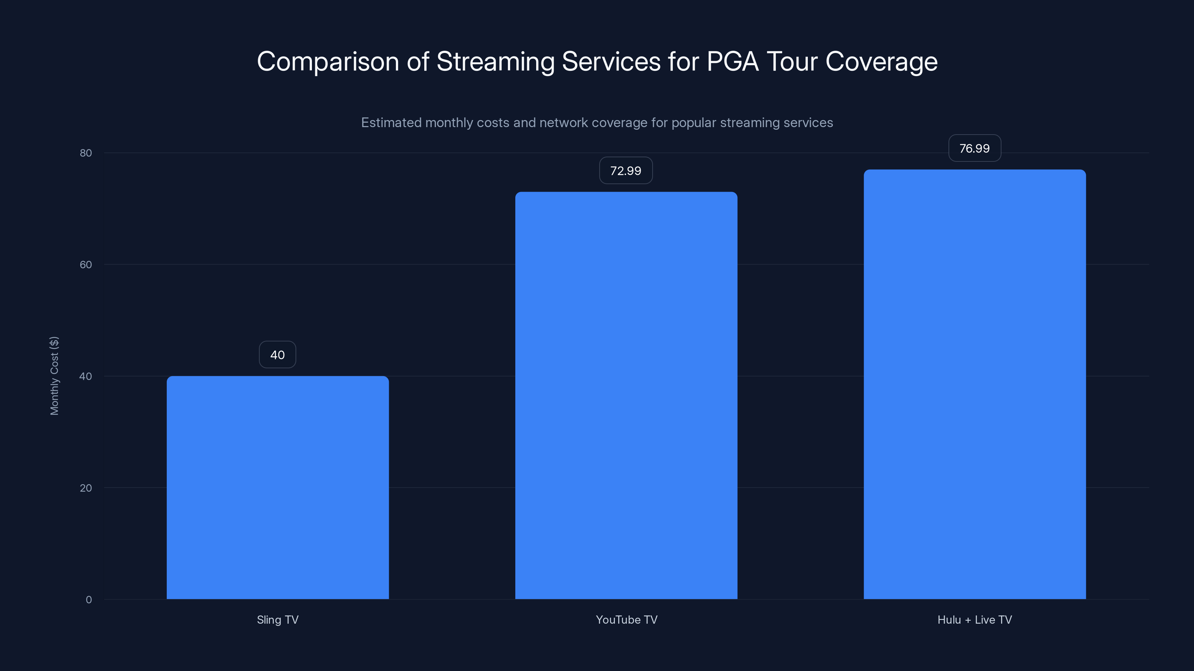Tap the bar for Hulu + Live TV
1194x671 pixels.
tap(974, 384)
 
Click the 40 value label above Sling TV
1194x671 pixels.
tap(277, 355)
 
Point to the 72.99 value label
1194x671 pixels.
tap(626, 170)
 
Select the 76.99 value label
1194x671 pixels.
tap(974, 148)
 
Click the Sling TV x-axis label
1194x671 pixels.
tap(278, 620)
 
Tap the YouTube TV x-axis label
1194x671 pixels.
tap(626, 620)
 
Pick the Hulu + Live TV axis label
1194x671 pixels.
tap(974, 620)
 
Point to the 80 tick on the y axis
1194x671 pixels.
tap(86, 153)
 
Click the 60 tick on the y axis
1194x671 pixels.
tap(86, 264)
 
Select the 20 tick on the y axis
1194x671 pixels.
tap(86, 488)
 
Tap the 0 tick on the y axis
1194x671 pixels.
tap(88, 600)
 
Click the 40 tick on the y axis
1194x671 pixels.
tap(86, 376)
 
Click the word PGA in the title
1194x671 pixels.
tap(732, 61)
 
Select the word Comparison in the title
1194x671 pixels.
tap(328, 62)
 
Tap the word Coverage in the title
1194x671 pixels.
tap(881, 62)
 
